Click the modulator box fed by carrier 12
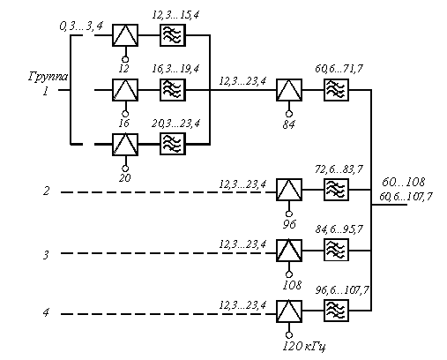pyautogui.click(x=125, y=35)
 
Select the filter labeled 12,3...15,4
pyautogui.click(x=173, y=35)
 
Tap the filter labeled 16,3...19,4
pyautogui.click(x=173, y=90)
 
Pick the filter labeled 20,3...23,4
pyautogui.click(x=173, y=144)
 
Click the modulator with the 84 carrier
pyautogui.click(x=289, y=90)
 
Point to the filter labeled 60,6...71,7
pyautogui.click(x=337, y=90)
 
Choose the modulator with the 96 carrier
pyautogui.click(x=289, y=190)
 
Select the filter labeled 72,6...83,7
pyautogui.click(x=337, y=190)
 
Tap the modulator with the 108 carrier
pyautogui.click(x=289, y=251)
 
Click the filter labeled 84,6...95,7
pyautogui.click(x=337, y=250)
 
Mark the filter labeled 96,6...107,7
pyautogui.click(x=337, y=311)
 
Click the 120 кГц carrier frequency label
pyautogui.click(x=304, y=347)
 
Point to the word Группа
pyautogui.click(x=48, y=77)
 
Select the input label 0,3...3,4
pyautogui.click(x=81, y=26)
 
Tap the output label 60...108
pyautogui.click(x=404, y=183)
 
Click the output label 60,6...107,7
pyautogui.click(x=406, y=197)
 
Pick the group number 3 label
pyautogui.click(x=46, y=255)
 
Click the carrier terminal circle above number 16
pyautogui.click(x=125, y=114)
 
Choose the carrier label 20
pyautogui.click(x=125, y=177)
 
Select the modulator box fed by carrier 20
pyautogui.click(x=125, y=145)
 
